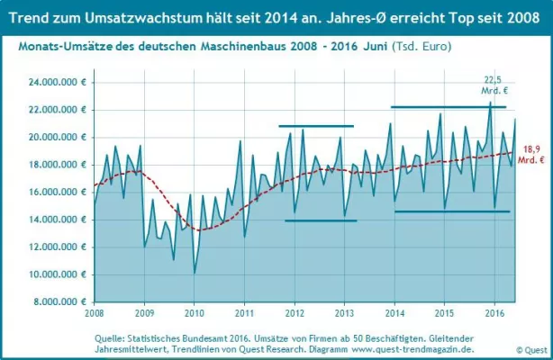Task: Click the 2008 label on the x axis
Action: (x=94, y=313)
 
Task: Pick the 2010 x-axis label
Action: (x=194, y=313)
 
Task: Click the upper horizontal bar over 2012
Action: (x=316, y=126)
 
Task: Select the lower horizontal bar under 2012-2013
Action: (x=321, y=220)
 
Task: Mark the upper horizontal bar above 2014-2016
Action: (x=449, y=107)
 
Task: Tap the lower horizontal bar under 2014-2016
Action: (x=452, y=211)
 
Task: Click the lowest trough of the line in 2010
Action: (x=195, y=273)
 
